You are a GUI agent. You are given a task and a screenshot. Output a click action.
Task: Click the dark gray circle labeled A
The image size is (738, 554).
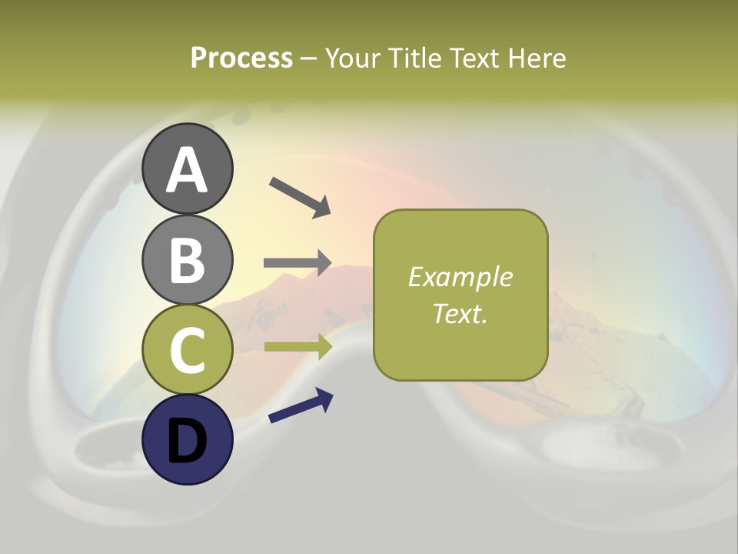pos(187,169)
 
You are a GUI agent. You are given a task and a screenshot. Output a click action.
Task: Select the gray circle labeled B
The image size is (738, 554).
pos(187,259)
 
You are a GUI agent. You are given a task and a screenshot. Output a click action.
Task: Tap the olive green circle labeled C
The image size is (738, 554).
pos(187,349)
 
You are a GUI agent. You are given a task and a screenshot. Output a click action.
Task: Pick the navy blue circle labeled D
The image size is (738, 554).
pos(187,440)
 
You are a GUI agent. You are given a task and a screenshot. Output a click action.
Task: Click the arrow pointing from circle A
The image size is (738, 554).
pos(300,196)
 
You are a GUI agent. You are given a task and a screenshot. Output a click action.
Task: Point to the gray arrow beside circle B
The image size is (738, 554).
pos(298,263)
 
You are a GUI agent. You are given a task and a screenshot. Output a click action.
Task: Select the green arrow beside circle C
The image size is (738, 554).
pos(298,346)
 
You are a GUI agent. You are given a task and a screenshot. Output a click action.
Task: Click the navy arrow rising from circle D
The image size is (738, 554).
pos(301,406)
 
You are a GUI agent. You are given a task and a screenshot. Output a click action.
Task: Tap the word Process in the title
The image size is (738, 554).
pos(241,58)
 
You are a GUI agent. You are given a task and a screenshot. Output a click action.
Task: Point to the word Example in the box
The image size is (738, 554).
pos(460,277)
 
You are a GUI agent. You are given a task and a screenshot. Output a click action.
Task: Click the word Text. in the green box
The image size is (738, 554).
pos(460,313)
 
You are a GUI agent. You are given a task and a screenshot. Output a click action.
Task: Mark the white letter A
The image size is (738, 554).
pos(187,170)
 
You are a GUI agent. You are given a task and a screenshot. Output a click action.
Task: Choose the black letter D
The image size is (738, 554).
pos(187,441)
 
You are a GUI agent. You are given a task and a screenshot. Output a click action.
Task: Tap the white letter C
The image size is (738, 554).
pos(187,350)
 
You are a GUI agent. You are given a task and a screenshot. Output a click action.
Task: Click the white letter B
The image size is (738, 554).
pos(187,260)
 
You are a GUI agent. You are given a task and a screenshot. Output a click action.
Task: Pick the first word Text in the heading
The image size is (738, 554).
pos(473,58)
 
